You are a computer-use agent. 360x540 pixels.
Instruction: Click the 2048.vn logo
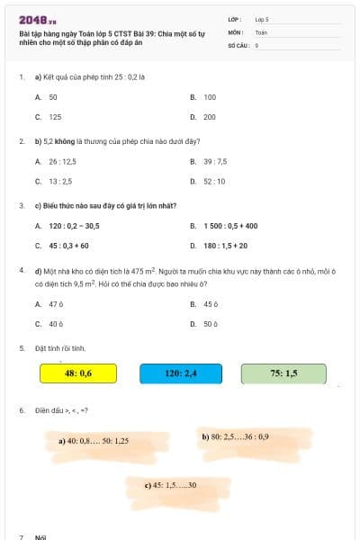coord(38,19)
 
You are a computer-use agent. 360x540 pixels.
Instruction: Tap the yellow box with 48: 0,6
coord(78,373)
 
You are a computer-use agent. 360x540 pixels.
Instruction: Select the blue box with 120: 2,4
coord(181,373)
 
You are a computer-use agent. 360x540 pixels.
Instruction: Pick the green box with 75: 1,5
coord(283,373)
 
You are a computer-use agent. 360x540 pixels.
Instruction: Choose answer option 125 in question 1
coord(55,117)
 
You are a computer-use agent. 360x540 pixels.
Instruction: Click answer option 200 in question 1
coord(209,117)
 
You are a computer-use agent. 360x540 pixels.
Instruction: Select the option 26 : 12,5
coord(62,161)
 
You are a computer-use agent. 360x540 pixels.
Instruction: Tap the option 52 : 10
coord(214,181)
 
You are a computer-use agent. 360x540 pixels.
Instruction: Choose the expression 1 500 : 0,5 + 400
coord(229,226)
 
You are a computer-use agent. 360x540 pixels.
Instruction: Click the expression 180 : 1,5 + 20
coord(225,246)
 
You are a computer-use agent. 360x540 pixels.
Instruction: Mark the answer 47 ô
coord(56,304)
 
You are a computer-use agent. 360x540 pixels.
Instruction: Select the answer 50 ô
coord(210,324)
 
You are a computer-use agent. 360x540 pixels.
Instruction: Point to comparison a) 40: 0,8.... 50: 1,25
coord(94,441)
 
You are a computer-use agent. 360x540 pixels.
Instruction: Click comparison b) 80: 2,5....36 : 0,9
coord(235,436)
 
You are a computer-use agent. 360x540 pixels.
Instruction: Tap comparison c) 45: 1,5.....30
coord(170,485)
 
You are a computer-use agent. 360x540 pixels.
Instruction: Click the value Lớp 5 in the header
coord(262,18)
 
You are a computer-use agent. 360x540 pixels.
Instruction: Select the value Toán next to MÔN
coord(261,31)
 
